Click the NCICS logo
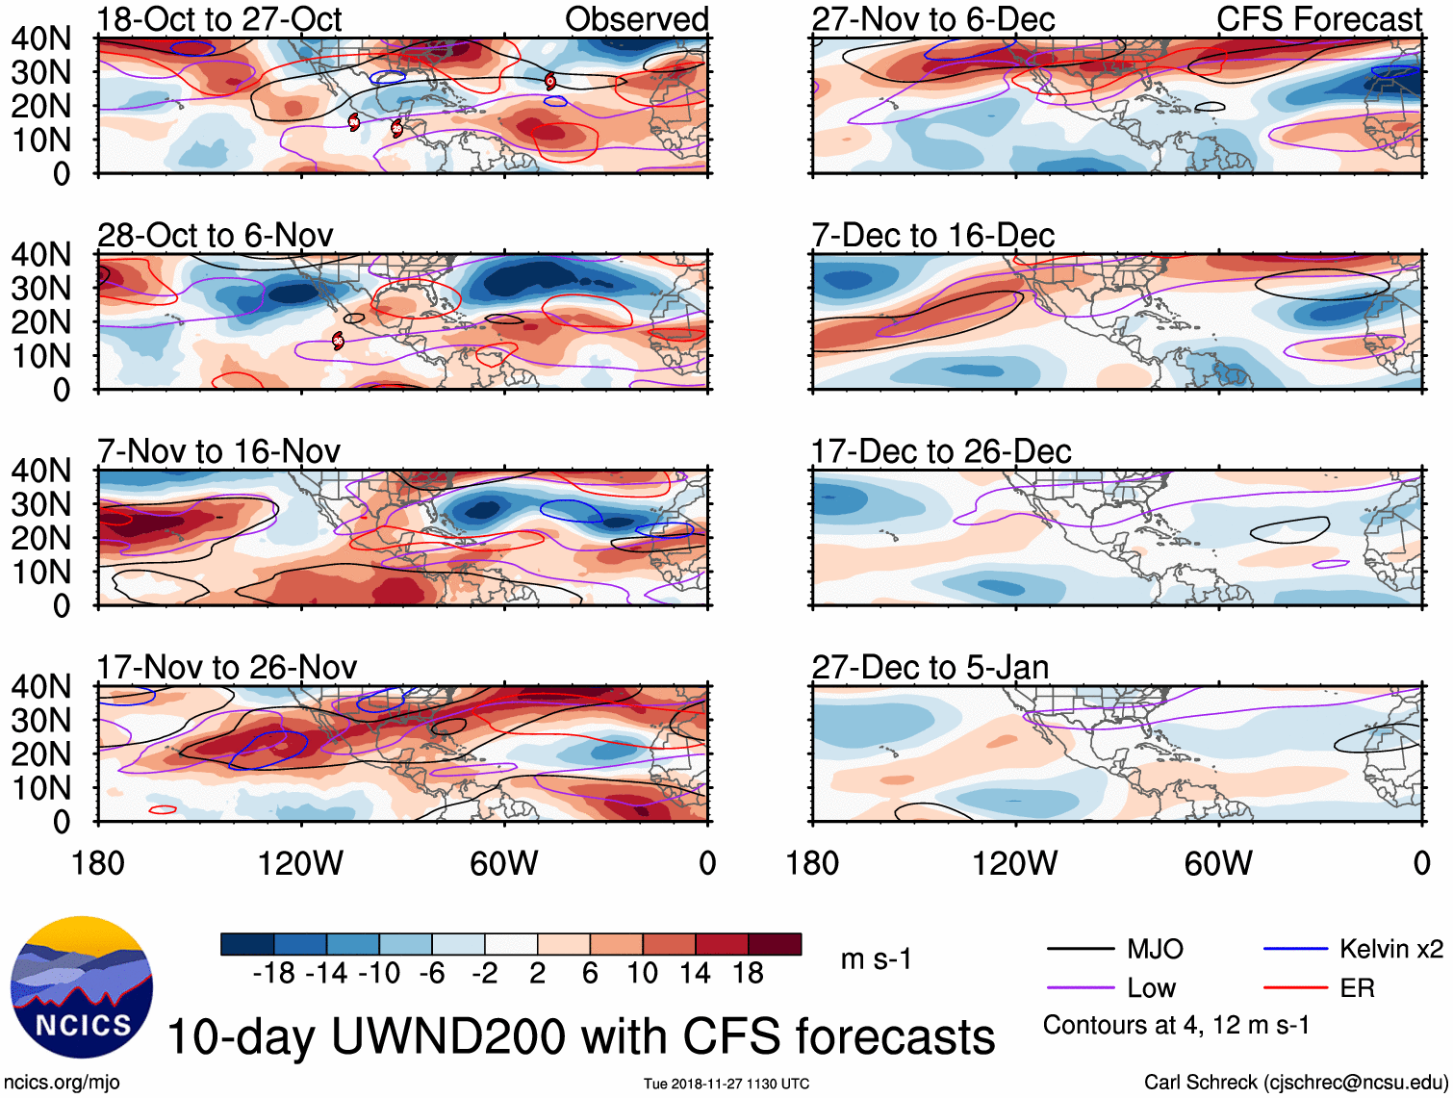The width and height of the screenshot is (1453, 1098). tap(82, 986)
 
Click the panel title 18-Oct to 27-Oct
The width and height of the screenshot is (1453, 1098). tap(219, 19)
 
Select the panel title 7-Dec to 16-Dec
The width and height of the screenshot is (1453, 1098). tap(932, 236)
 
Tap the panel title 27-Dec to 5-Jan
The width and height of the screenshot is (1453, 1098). tap(930, 668)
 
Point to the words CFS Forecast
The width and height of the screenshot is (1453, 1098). tap(1318, 19)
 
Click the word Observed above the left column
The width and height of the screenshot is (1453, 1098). tap(636, 19)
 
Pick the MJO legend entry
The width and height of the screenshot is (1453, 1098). tap(1155, 950)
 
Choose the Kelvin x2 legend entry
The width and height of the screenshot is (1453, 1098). tap(1390, 950)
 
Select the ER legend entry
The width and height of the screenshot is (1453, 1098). tap(1357, 988)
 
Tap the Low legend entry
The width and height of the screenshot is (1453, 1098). tap(1151, 988)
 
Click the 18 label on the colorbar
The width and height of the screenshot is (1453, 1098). tap(748, 974)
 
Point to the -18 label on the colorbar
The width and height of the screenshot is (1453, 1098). tap(274, 974)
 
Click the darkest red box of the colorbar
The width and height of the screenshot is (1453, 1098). tap(775, 944)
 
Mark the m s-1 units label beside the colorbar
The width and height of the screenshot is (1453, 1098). tap(876, 959)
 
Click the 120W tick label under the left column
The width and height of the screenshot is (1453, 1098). tap(300, 863)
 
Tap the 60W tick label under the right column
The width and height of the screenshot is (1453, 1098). tap(1218, 863)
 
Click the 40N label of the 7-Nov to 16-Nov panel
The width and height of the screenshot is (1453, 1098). tap(40, 471)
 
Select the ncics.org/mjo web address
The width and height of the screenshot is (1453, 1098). tap(62, 1083)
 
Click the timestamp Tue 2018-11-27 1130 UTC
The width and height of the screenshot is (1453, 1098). tap(726, 1084)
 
